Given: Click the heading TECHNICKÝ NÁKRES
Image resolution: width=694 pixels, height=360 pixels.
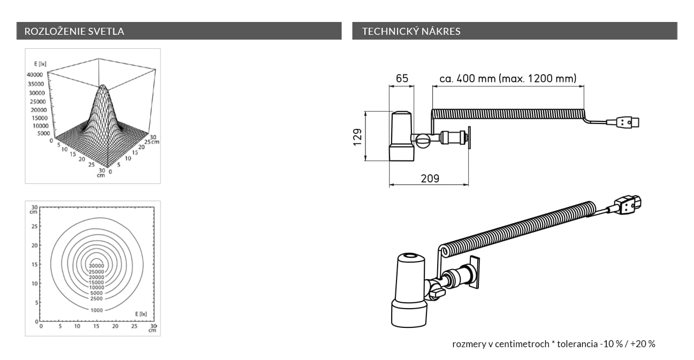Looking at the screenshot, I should pos(411,31).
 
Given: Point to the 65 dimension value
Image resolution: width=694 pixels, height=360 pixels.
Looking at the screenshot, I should pos(402,78).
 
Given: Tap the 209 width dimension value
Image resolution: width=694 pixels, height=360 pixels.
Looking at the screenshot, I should pos(430,179).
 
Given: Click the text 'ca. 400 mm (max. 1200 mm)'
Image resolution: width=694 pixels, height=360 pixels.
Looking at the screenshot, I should pos(508,78).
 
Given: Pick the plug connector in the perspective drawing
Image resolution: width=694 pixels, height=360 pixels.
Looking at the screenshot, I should pos(628,205).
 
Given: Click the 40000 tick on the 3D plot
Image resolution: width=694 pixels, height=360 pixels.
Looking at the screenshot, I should pos(35,75).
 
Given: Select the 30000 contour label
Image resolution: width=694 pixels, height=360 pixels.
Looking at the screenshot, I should pos(96,265).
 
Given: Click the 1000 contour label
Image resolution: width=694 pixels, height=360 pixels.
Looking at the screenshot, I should pos(96,310).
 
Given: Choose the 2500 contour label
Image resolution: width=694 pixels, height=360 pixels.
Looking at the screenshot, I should pos(96,298).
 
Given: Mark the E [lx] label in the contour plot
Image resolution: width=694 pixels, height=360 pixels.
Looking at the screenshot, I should pos(141,314).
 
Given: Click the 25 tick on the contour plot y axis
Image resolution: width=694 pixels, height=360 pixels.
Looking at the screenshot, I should pos(34,226).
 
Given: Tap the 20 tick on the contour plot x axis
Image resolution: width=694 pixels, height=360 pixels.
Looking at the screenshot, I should pos(115,326).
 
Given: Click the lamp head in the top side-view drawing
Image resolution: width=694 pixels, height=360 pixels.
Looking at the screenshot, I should pos(402,136).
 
